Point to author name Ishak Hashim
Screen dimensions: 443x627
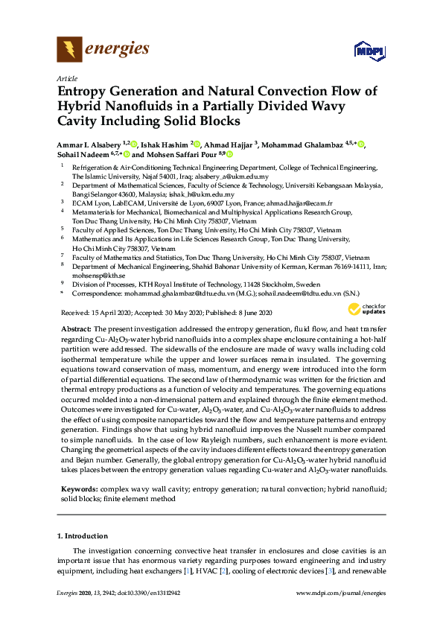click(165, 144)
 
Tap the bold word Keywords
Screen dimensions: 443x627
click(78, 489)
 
